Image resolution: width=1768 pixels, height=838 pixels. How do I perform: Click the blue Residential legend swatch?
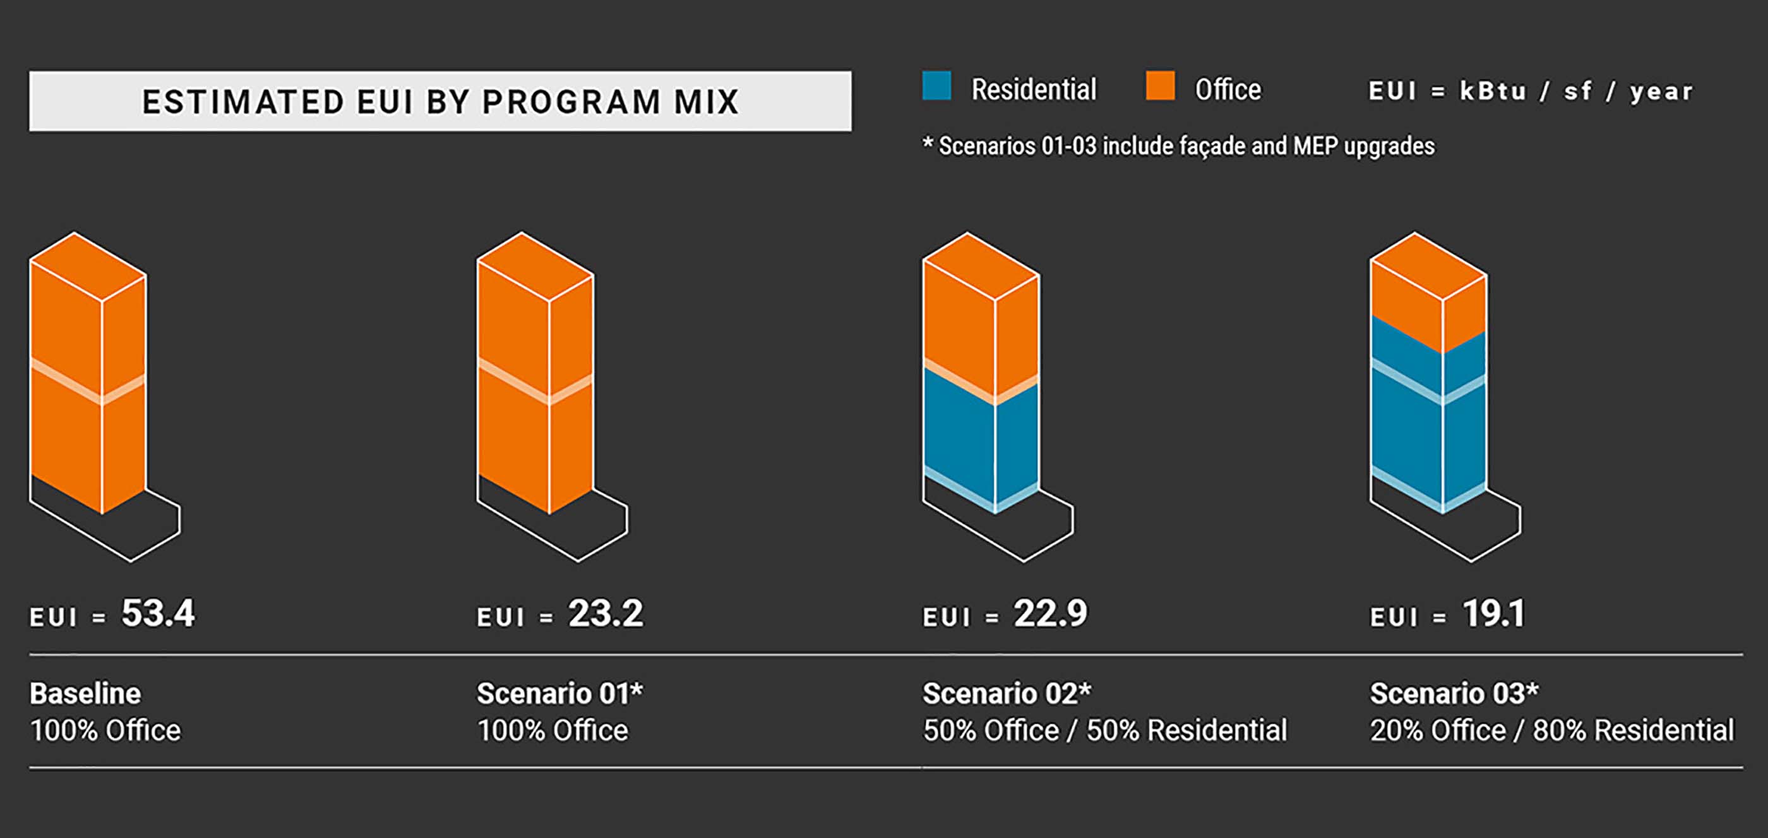click(936, 87)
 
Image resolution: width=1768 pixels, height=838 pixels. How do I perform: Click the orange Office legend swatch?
click(1160, 87)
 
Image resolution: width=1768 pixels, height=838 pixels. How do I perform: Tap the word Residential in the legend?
click(1034, 89)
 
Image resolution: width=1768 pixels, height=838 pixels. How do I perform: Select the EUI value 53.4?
click(158, 614)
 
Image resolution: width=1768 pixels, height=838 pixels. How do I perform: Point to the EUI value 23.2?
click(606, 614)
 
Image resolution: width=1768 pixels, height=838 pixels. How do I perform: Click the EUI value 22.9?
click(1050, 614)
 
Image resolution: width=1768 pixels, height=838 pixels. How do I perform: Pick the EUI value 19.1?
click(1493, 614)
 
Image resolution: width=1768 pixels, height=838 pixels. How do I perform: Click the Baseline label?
click(85, 693)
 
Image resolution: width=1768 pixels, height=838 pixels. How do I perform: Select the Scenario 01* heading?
click(559, 693)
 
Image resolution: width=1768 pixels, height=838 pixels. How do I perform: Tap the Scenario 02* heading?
click(1006, 693)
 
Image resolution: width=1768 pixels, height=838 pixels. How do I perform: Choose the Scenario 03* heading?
click(1454, 693)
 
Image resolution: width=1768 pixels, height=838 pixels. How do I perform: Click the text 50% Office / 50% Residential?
click(1104, 730)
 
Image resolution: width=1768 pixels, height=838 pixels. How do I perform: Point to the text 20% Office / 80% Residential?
click(1551, 730)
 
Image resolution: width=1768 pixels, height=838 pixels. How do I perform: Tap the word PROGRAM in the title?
click(571, 102)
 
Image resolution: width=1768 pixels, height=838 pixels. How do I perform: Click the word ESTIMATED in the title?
click(243, 102)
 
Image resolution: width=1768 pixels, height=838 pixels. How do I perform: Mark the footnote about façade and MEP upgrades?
click(1178, 145)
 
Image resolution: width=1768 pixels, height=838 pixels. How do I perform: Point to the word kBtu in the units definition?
click(1492, 90)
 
